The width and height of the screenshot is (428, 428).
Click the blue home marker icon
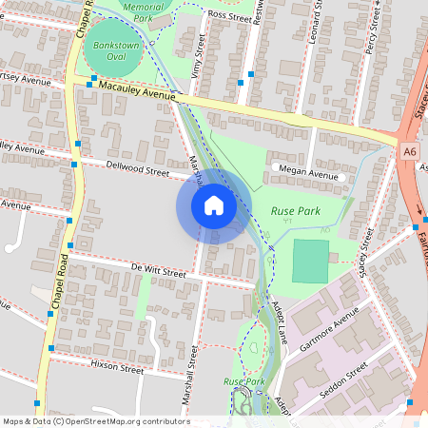(214, 205)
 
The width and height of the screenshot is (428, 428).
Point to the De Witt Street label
(159, 271)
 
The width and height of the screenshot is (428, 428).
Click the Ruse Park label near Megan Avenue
(295, 211)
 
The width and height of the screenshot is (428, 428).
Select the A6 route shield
(409, 150)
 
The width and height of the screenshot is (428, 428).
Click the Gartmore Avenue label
(326, 328)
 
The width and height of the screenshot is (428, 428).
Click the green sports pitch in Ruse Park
(310, 261)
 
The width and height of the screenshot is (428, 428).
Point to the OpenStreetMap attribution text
(95, 421)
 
